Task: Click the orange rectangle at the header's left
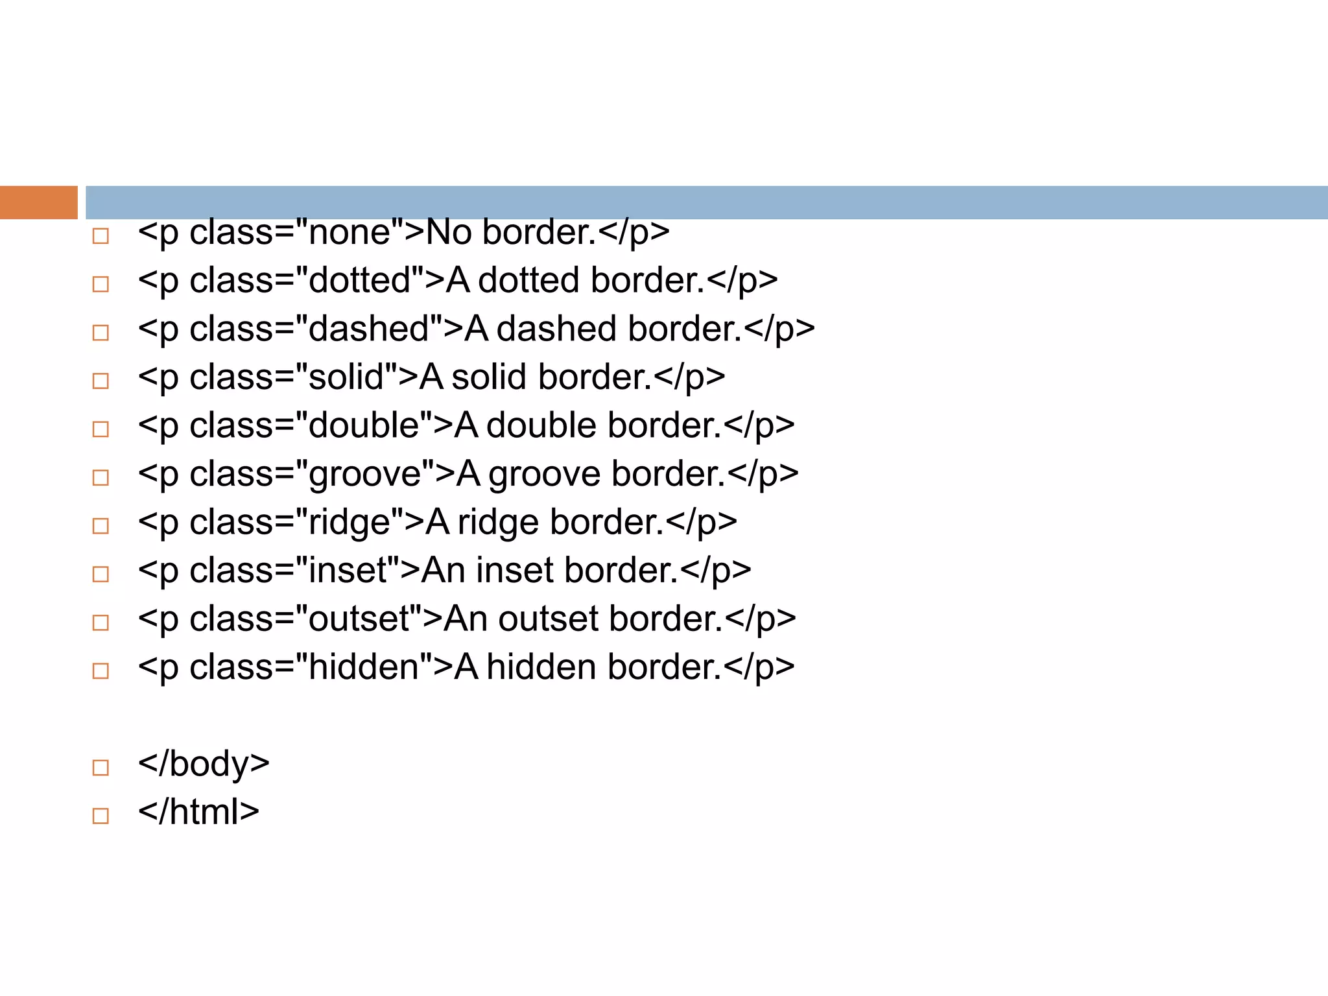(38, 202)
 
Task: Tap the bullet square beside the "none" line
(101, 236)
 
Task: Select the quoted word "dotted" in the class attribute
(360, 280)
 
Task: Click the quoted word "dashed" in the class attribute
(369, 329)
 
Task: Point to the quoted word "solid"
(346, 377)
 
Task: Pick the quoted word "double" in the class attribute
(364, 425)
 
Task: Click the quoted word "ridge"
(350, 523)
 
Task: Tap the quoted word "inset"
(348, 571)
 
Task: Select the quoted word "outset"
(360, 619)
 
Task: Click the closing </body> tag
(204, 764)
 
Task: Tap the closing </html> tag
(198, 812)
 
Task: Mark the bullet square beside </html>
(101, 816)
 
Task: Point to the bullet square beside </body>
(101, 768)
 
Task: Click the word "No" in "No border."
(448, 232)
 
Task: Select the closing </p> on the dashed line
(779, 329)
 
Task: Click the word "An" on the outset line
(465, 619)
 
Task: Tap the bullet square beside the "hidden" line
(101, 670)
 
